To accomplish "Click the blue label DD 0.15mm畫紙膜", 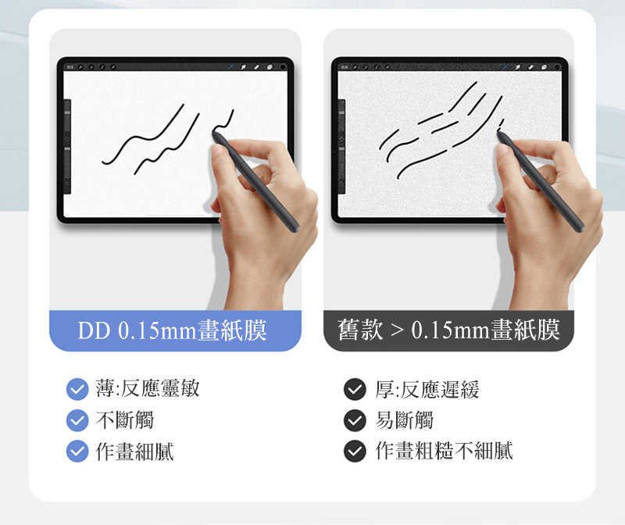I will [x=173, y=330].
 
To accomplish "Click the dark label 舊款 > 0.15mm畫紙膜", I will [x=448, y=330].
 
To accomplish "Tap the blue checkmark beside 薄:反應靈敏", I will [x=77, y=388].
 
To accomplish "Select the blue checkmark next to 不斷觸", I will [x=77, y=420].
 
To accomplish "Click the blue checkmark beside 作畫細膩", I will [x=77, y=451].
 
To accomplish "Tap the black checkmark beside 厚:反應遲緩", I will [x=355, y=388].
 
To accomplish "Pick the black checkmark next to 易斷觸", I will [x=355, y=420].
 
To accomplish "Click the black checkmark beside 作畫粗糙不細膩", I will [x=355, y=451].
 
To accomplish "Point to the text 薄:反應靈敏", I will [x=147, y=388].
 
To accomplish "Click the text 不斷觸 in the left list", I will [x=124, y=420].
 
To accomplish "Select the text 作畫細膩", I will [x=134, y=451].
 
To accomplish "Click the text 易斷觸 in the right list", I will [x=404, y=420].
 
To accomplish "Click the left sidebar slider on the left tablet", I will [x=67, y=141].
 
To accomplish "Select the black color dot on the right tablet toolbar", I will [x=559, y=67].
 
